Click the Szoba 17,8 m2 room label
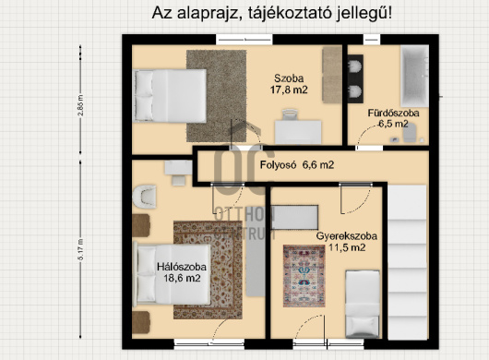(289, 84)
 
